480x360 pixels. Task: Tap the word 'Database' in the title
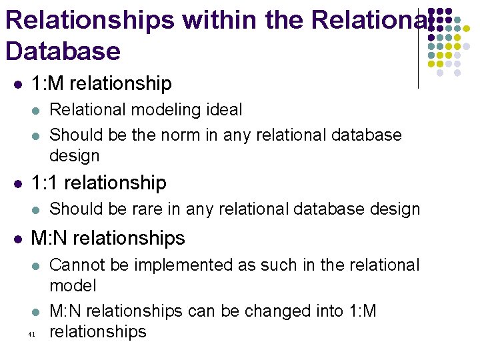(x=63, y=51)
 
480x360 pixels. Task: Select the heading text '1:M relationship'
(x=101, y=84)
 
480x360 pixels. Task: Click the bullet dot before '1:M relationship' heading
(x=18, y=85)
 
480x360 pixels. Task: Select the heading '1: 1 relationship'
(x=99, y=183)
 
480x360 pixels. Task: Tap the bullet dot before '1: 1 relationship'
(x=18, y=183)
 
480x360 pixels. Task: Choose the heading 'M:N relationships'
(x=108, y=238)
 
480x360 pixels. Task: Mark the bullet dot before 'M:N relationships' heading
(x=18, y=239)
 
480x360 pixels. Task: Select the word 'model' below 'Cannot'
(x=73, y=286)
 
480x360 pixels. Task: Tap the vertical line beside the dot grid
(x=418, y=47)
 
